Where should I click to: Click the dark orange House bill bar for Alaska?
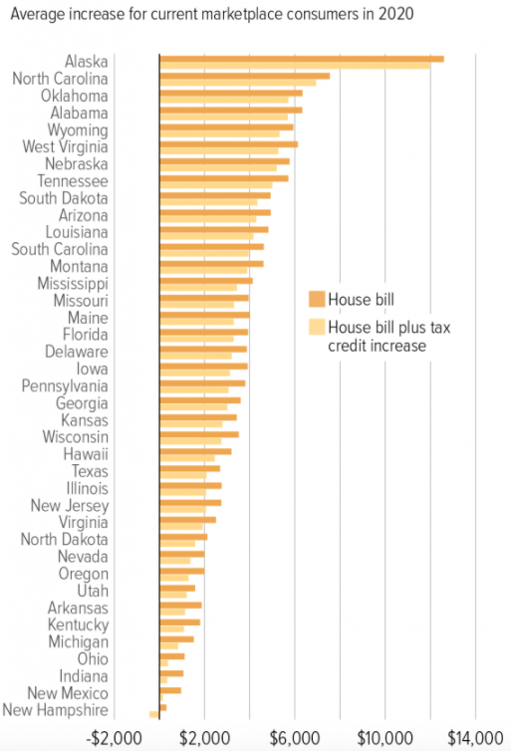coord(301,59)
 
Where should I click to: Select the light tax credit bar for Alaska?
coord(295,66)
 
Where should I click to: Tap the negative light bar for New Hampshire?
coord(153,714)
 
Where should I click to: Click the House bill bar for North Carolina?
coord(244,76)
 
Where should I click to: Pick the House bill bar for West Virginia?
coord(228,144)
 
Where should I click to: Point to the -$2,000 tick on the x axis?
coord(112,737)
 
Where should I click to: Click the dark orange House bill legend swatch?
coord(318,298)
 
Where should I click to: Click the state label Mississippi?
coord(72,283)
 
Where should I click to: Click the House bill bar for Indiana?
coord(171,673)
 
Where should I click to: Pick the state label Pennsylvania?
coord(66,384)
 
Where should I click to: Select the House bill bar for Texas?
coord(189,468)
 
